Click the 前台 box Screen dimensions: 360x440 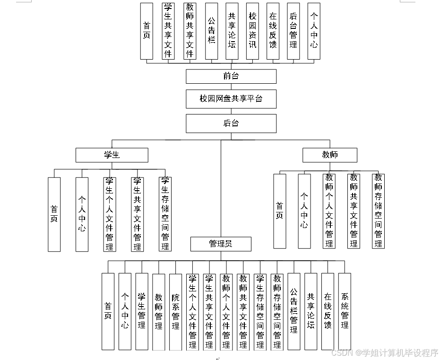click(x=231, y=76)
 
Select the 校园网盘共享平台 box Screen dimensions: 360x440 click(x=231, y=99)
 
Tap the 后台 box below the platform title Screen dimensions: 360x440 click(x=231, y=123)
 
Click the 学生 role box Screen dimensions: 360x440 click(x=112, y=155)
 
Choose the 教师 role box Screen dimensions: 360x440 click(x=330, y=155)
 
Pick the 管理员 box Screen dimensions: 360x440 click(x=221, y=244)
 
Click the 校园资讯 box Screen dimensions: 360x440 click(x=253, y=31)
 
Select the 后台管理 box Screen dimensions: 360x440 click(x=293, y=31)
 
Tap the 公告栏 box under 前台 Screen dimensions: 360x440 click(x=212, y=31)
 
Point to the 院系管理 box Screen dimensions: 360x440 click(x=175, y=311)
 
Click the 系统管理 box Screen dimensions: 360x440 click(x=345, y=311)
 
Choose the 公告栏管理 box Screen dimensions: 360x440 click(x=294, y=311)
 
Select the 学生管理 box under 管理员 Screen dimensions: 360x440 click(x=142, y=311)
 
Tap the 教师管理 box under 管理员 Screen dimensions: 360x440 click(x=159, y=311)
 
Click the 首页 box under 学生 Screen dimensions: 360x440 click(x=54, y=214)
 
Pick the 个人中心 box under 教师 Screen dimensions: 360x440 click(x=304, y=211)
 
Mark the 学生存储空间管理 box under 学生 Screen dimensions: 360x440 click(x=165, y=214)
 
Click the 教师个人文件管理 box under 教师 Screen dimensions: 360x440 click(x=329, y=211)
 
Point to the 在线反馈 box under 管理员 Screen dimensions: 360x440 click(x=328, y=311)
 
